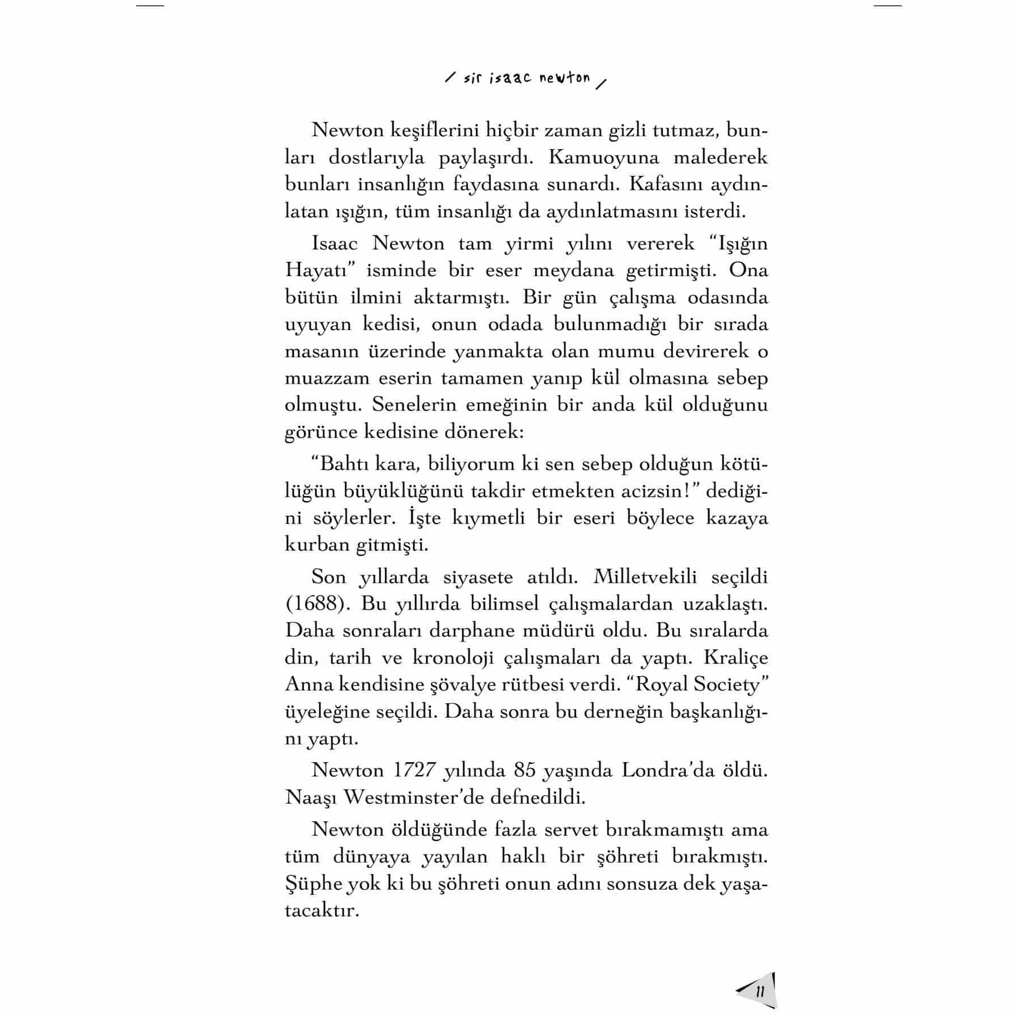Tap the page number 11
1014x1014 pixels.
point(760,991)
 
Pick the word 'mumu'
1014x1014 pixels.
point(613,352)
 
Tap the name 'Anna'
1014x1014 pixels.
point(309,685)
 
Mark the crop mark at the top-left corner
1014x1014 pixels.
point(150,6)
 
